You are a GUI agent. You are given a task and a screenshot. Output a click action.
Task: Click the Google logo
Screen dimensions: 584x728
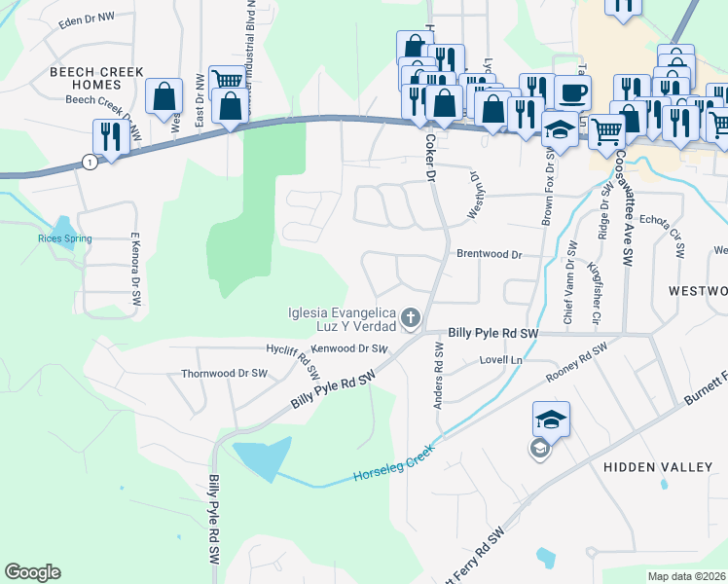tap(32, 572)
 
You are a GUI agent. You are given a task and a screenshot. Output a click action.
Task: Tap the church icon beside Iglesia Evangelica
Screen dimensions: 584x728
tap(411, 316)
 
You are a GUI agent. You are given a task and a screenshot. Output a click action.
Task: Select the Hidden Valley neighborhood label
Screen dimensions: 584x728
tap(658, 467)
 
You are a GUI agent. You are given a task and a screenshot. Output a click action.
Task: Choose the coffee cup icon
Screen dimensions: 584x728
tap(572, 92)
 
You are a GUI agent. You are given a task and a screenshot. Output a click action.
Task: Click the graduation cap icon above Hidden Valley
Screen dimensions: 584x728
tap(551, 420)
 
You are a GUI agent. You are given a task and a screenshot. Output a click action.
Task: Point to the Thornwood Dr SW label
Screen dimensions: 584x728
tap(224, 373)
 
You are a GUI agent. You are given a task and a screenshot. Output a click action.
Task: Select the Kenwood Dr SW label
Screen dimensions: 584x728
tap(349, 347)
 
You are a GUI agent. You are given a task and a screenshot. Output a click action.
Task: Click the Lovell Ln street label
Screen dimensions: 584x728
tap(501, 360)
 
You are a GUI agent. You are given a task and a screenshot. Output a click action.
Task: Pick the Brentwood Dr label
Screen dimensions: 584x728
tap(490, 253)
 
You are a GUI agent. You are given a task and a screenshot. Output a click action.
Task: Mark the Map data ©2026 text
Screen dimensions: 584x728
tap(687, 576)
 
